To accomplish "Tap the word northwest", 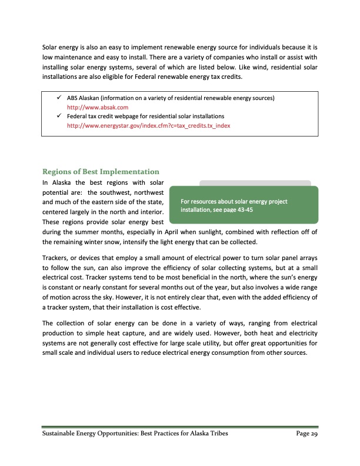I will click(148, 194).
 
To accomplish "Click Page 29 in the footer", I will click(306, 434).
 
